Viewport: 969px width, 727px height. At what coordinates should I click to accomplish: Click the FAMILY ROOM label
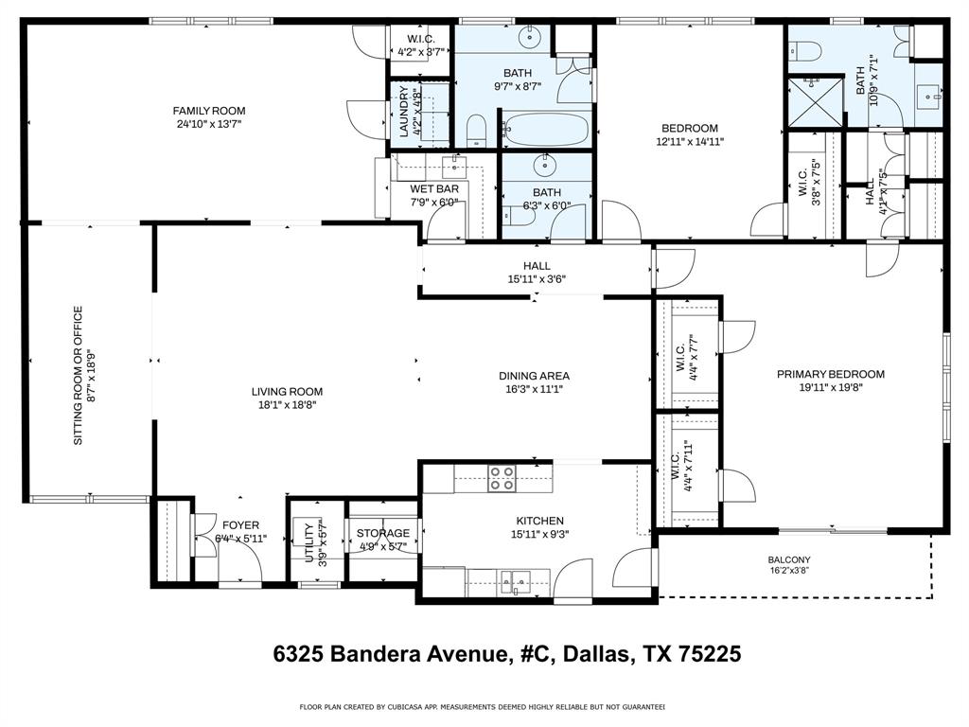point(209,111)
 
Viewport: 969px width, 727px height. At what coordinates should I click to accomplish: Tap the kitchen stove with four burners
point(502,479)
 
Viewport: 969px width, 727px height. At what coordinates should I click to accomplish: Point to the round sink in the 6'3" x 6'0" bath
point(546,168)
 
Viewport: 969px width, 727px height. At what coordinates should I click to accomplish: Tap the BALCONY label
point(788,559)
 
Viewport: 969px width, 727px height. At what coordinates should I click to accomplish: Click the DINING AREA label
point(534,376)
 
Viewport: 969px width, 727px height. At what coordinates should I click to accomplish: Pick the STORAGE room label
point(383,533)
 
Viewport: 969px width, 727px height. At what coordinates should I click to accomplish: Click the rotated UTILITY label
point(309,542)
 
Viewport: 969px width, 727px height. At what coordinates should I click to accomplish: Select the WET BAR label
point(433,188)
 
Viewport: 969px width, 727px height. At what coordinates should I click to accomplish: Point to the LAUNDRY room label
point(404,114)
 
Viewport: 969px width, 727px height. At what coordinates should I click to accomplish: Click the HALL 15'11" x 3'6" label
point(536,266)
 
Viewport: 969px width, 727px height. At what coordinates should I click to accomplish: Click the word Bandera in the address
point(377,653)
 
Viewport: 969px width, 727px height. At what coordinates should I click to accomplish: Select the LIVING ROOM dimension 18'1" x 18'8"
point(287,404)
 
